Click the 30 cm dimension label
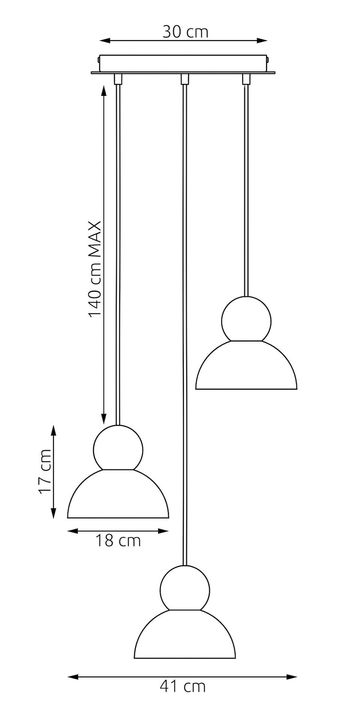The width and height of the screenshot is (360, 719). click(x=185, y=32)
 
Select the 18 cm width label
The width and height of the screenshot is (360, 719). click(x=118, y=541)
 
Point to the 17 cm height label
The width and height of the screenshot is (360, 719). click(x=45, y=471)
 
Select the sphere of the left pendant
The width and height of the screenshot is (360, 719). click(x=118, y=448)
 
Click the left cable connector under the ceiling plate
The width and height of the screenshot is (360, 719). click(x=118, y=79)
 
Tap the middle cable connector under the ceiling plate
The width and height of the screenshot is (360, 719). click(x=184, y=79)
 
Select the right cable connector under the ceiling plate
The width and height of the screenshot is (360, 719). click(x=246, y=79)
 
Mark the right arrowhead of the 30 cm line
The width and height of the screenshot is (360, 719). click(x=262, y=40)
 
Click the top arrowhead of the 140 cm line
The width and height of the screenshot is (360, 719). click(x=104, y=90)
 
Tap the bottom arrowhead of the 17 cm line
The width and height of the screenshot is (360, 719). click(x=54, y=513)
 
